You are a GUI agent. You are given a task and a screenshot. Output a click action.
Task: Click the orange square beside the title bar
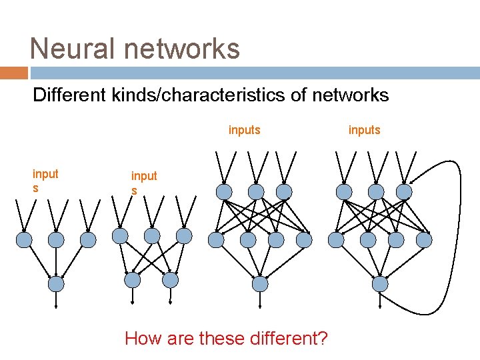13,73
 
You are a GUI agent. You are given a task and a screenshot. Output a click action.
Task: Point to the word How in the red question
143,339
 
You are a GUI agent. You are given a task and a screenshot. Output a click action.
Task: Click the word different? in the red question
288,339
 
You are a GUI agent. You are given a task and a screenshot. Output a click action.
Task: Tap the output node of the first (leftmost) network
57,284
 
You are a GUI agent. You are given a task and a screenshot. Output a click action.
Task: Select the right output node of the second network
171,279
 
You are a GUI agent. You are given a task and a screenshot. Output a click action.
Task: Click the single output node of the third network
260,284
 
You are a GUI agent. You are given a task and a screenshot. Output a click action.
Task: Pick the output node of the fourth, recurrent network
380,284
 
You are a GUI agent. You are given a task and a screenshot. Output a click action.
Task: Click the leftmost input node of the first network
24,239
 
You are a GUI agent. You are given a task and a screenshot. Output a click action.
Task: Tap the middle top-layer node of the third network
256,192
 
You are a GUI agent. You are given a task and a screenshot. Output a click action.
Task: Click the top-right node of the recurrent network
404,192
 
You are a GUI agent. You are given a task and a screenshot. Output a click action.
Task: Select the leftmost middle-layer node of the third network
216,239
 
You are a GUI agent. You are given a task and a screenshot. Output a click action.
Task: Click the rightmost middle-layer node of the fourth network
424,239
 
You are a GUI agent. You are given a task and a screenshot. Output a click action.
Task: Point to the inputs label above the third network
244,130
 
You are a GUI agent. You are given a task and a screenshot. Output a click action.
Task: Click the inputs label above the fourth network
364,130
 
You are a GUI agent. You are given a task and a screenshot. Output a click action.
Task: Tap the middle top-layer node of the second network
152,235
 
